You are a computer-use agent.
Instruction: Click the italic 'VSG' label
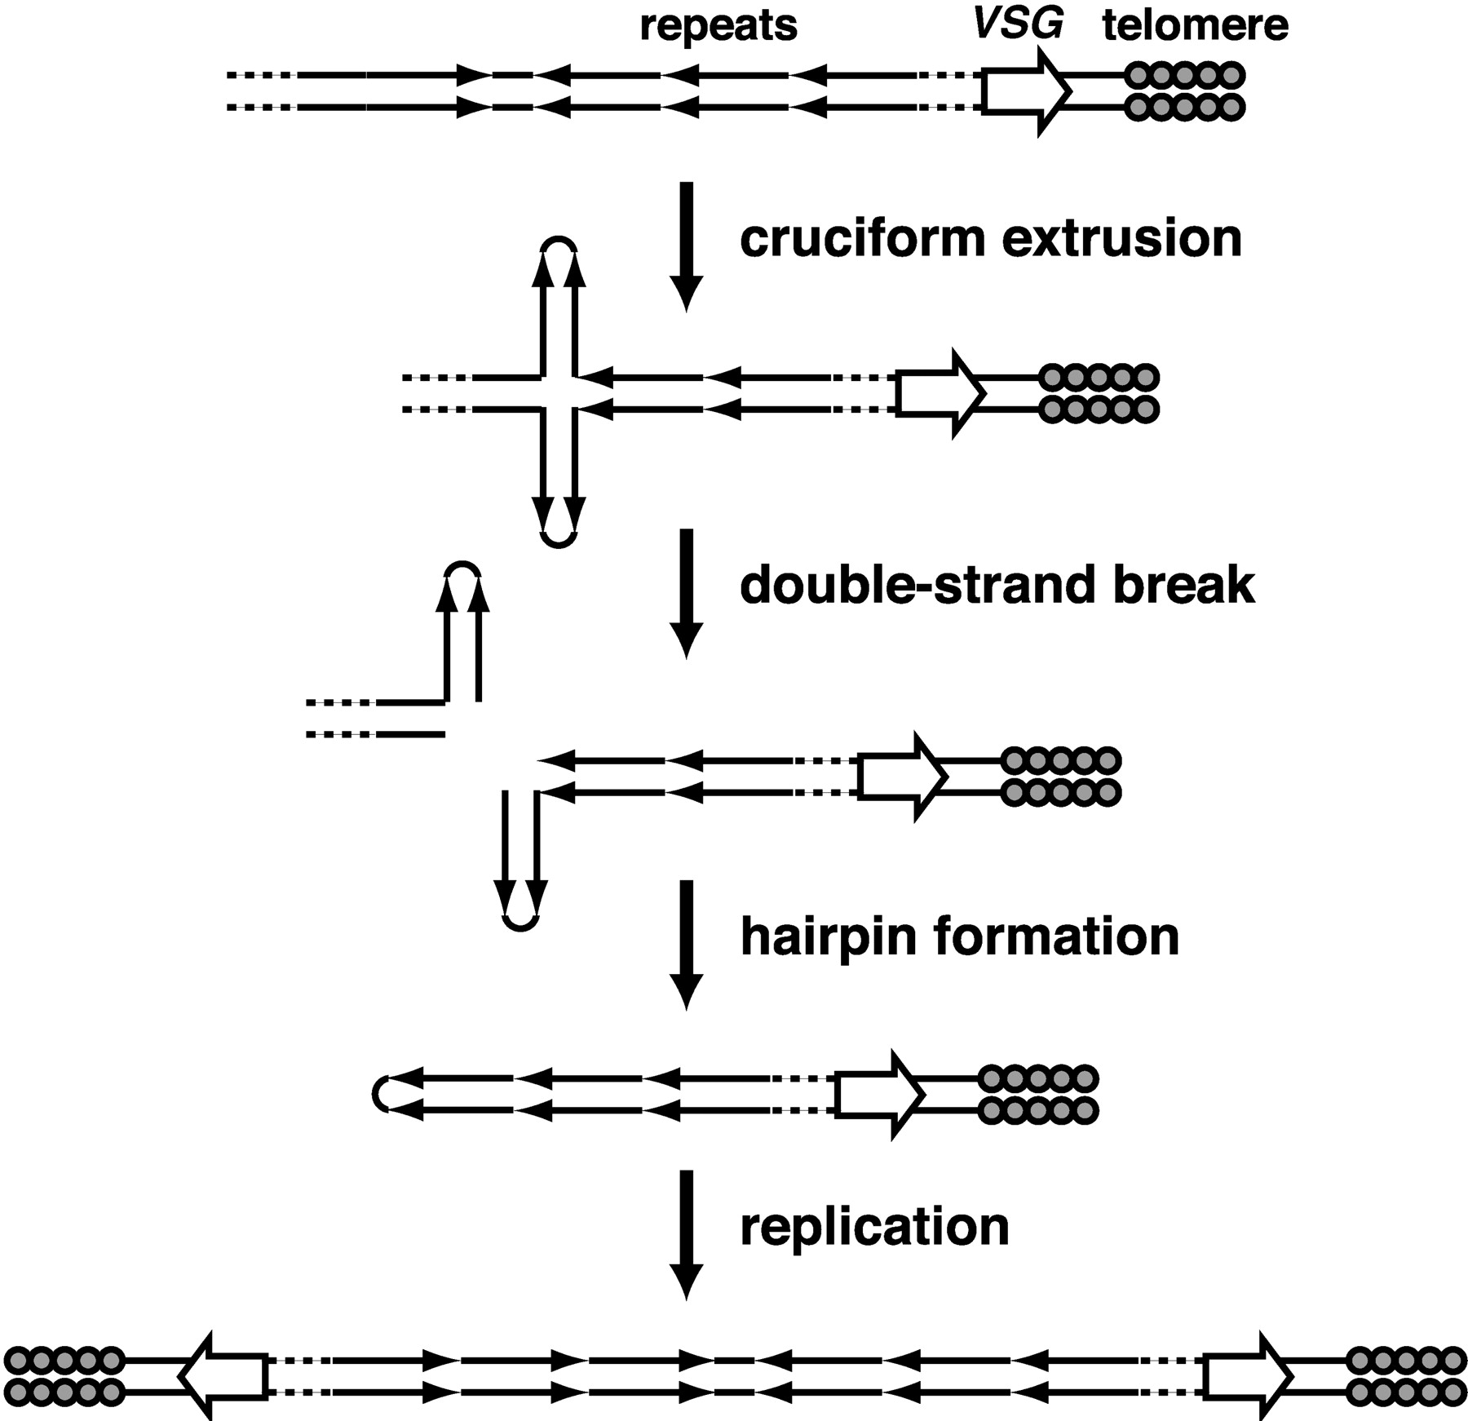1019,24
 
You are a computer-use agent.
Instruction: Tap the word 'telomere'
1196,25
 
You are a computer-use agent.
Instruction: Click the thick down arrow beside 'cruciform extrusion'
686,246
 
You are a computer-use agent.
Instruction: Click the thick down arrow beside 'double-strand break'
686,593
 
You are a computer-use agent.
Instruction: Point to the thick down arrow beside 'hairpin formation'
686,945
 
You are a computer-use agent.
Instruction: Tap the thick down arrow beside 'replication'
686,1235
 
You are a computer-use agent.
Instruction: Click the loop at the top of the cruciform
559,242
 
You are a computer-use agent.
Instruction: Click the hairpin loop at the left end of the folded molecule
379,1094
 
